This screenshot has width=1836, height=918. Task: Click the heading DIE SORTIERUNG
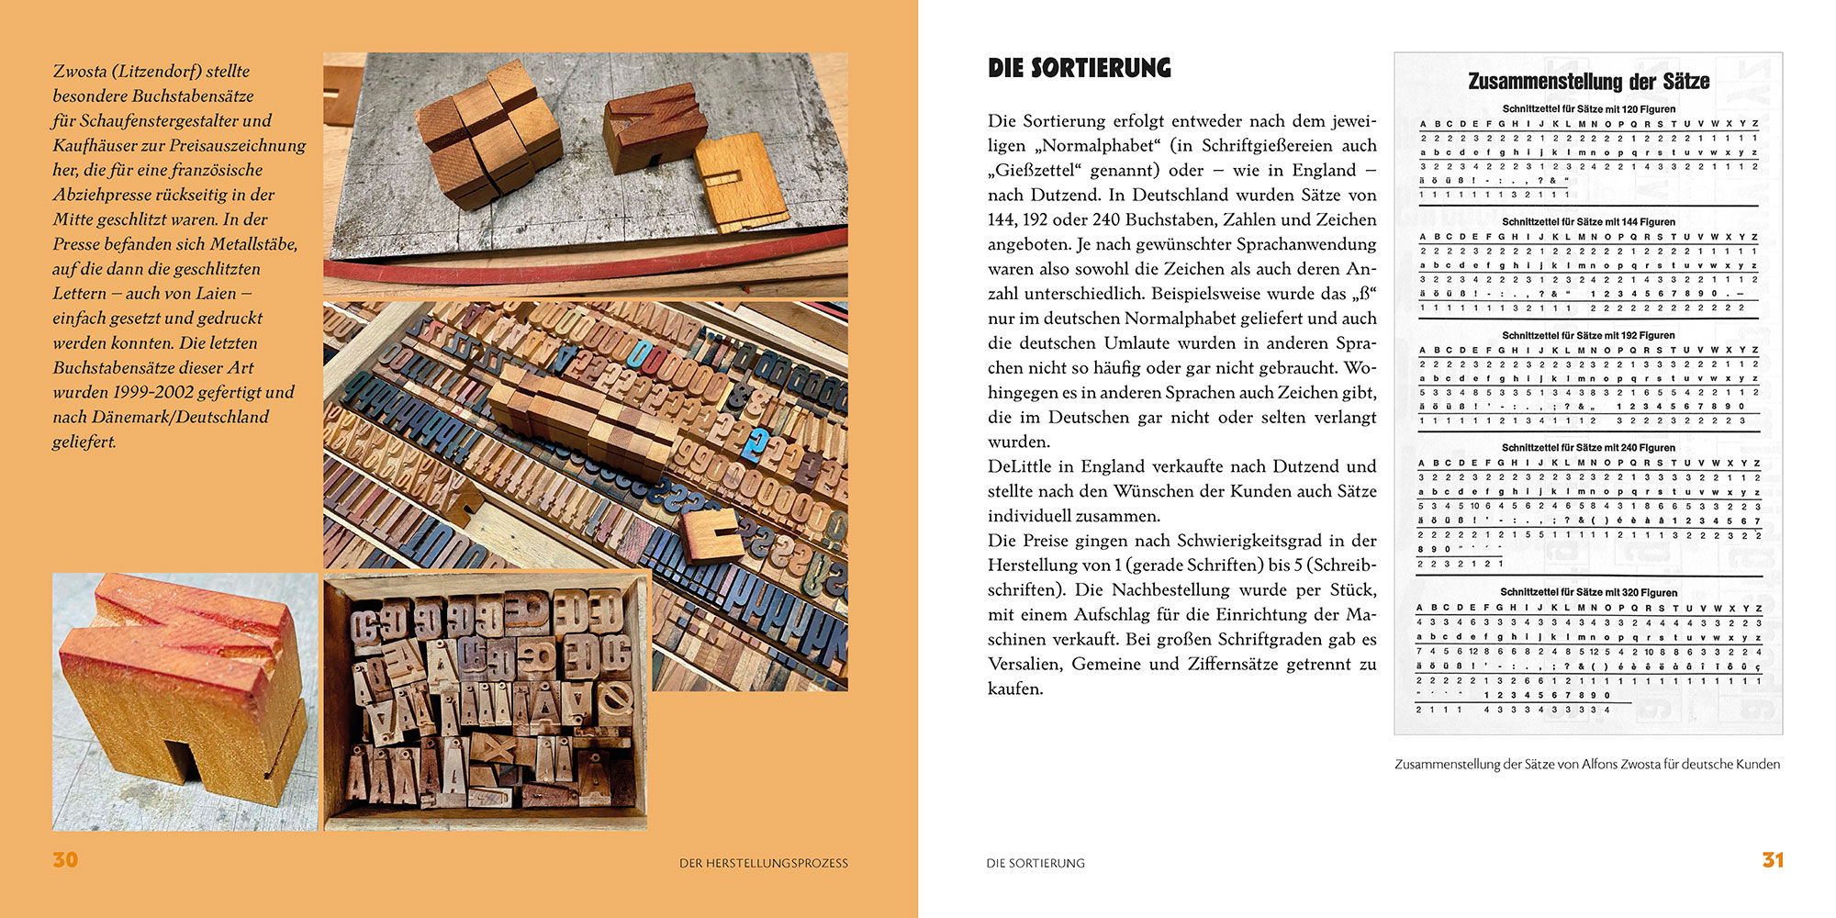[1079, 68]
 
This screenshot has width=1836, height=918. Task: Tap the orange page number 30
[65, 860]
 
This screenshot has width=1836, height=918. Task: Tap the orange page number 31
[1772, 860]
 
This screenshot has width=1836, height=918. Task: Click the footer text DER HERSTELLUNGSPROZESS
[763, 863]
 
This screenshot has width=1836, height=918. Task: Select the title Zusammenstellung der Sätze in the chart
[1588, 81]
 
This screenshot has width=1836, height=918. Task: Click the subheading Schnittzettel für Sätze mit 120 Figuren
[1588, 109]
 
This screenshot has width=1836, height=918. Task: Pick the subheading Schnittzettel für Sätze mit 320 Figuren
[1588, 592]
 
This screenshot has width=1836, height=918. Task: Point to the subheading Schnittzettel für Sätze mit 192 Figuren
[1588, 335]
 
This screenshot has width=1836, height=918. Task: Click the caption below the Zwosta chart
[1586, 764]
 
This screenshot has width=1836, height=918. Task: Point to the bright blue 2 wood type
[756, 444]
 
